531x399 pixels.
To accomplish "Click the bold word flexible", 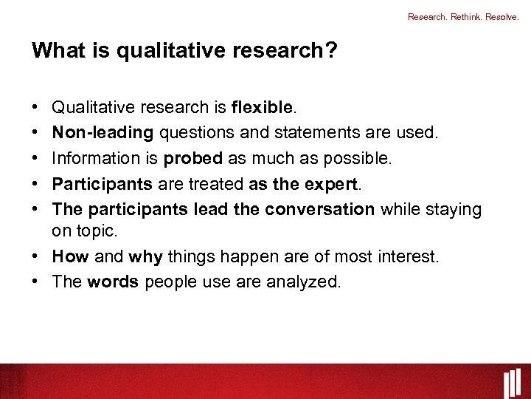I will [263, 108].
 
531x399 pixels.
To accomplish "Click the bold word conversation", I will [320, 209].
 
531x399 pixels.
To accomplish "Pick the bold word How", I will [71, 256].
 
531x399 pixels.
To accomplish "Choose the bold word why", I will [145, 256].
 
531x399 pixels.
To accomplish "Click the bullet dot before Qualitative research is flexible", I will [36, 108].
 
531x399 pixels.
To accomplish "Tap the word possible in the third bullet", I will [365, 158].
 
